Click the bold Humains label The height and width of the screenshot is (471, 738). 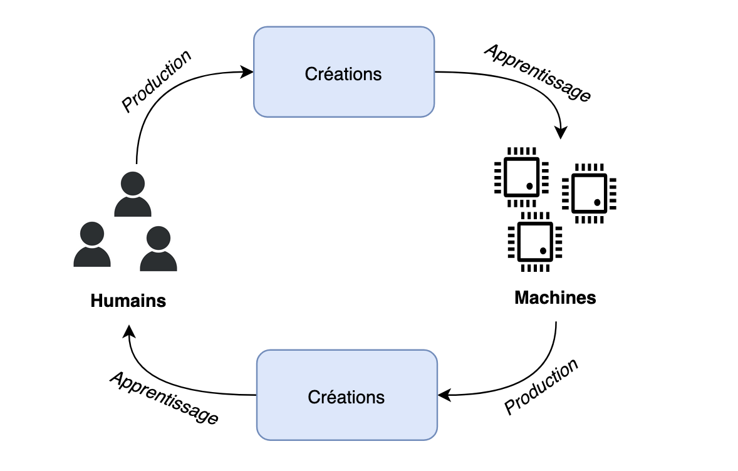click(128, 301)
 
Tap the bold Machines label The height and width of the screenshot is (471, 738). click(555, 298)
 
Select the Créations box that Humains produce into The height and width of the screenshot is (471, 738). click(343, 72)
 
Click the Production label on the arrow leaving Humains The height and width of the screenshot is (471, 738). click(156, 81)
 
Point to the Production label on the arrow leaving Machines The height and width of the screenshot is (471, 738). click(541, 386)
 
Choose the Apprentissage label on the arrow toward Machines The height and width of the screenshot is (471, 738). click(538, 73)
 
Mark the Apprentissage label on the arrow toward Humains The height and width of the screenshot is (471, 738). click(164, 398)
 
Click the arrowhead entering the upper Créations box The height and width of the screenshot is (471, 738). click(248, 72)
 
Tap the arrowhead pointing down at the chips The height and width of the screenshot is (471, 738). click(561, 133)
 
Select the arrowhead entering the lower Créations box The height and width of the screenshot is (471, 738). click(443, 395)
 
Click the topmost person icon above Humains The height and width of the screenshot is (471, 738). click(133, 195)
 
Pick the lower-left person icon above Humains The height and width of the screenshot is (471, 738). click(92, 245)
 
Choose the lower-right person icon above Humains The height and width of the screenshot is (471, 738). click(158, 249)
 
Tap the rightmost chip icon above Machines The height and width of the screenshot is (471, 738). click(589, 194)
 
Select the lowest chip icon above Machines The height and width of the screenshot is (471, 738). click(534, 241)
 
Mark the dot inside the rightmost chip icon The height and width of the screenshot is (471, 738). click(597, 202)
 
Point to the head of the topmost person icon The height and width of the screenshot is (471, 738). click(133, 184)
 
